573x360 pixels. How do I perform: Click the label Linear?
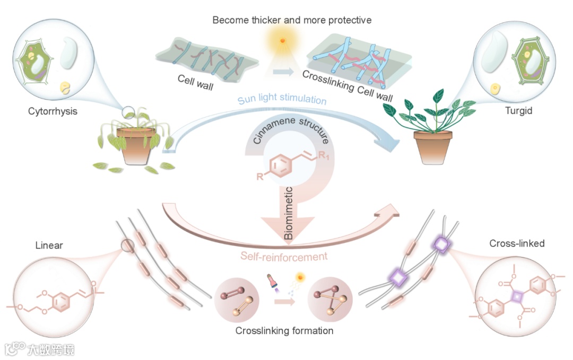tap(49, 246)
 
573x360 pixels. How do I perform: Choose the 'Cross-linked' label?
tap(517, 244)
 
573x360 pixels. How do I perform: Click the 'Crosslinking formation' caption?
tap(285, 331)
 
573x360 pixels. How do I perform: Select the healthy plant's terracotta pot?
tap(434, 147)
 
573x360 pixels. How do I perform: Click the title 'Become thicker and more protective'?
tap(292, 20)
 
